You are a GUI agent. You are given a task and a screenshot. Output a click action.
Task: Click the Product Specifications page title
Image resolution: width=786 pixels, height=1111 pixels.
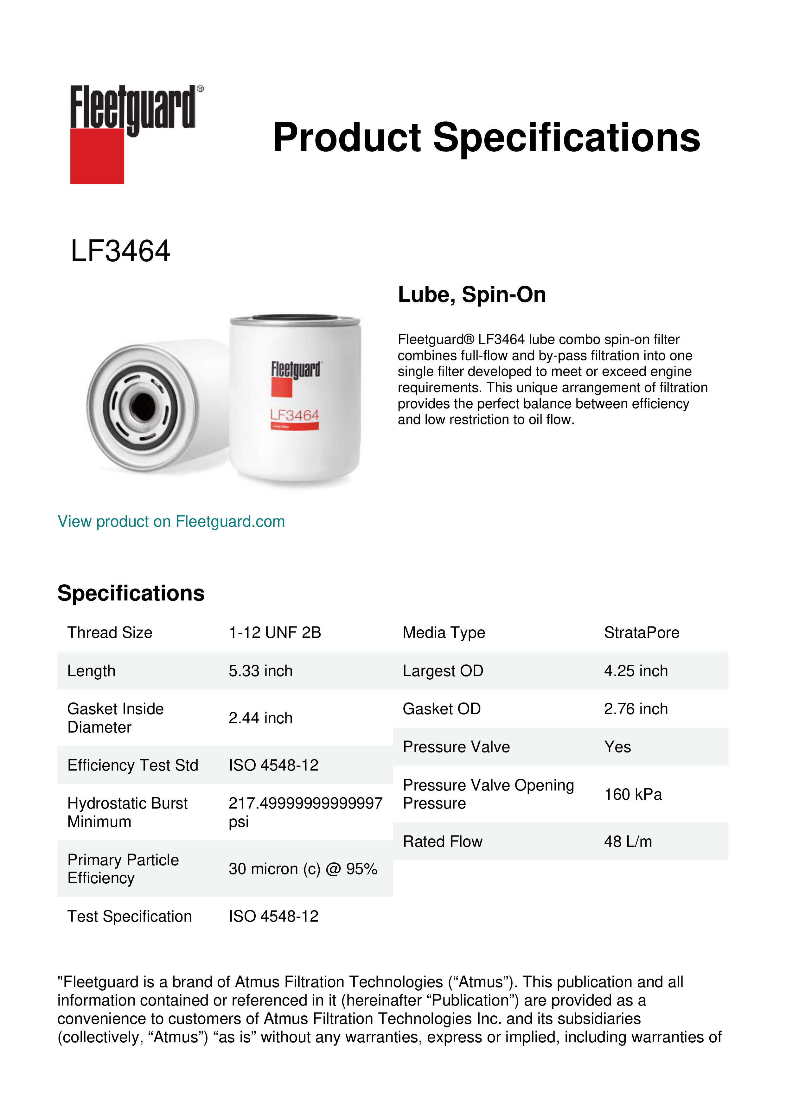(x=486, y=137)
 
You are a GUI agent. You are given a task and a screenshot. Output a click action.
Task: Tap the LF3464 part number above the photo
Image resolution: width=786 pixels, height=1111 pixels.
(x=120, y=251)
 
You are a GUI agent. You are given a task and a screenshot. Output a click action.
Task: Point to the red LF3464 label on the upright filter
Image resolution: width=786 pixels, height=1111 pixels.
(x=294, y=415)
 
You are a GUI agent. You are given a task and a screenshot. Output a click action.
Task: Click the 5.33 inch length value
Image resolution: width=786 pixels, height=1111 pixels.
(x=260, y=671)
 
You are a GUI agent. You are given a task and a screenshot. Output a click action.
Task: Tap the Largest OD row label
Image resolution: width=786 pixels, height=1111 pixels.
(x=443, y=671)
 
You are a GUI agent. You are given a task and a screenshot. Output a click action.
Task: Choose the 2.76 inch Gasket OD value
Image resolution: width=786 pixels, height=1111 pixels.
(x=636, y=709)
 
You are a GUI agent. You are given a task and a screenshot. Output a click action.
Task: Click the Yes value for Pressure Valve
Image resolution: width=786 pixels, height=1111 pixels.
(x=617, y=747)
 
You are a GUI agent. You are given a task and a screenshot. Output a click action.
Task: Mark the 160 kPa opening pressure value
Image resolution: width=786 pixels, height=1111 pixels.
(x=633, y=795)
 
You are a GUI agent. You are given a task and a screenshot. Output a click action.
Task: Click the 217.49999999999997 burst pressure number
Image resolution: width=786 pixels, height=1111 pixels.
(x=305, y=803)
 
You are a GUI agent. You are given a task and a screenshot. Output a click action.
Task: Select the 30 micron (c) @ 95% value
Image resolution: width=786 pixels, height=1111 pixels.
(x=303, y=869)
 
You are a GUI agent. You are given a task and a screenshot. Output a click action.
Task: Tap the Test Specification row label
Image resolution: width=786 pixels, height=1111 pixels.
(x=129, y=917)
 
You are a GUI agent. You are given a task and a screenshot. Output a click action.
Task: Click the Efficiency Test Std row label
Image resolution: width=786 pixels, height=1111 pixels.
(x=133, y=765)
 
